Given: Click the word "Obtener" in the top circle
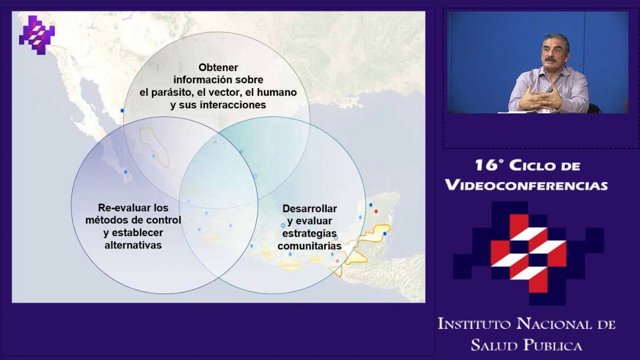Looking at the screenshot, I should [218, 67].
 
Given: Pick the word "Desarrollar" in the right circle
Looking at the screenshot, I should [309, 208].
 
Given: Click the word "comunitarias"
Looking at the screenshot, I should [309, 246].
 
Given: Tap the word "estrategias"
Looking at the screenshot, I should [309, 233].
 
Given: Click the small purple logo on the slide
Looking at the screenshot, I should [36, 34].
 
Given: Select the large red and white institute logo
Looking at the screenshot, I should [528, 252].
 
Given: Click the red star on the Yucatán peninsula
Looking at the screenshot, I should [376, 211].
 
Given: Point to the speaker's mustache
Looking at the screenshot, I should [550, 59].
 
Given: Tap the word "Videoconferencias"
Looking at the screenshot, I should [526, 185].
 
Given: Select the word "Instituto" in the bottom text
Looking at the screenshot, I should [474, 324].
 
